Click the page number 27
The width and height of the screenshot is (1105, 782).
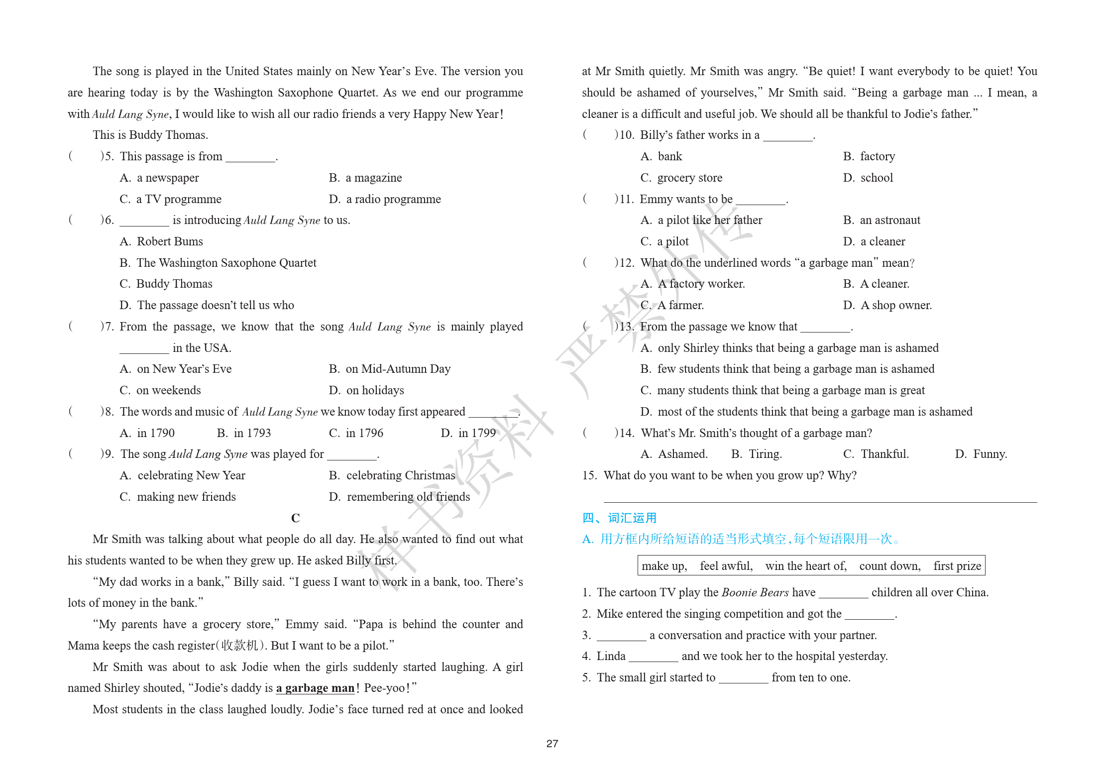552,743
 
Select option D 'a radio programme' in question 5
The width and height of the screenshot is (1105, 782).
385,199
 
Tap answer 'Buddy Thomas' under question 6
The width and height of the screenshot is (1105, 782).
166,284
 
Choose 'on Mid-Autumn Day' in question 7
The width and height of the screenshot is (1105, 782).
390,369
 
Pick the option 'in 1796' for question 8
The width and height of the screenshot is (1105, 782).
356,433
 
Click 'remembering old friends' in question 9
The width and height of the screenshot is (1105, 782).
399,497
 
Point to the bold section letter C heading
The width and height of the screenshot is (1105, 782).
295,518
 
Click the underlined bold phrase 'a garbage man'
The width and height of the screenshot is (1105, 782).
315,688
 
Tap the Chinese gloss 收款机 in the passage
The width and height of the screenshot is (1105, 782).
240,646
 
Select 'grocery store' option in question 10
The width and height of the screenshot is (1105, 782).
681,178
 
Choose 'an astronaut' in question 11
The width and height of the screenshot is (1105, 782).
882,220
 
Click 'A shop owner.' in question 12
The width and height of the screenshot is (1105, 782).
888,305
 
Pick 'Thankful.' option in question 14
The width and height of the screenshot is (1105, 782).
876,454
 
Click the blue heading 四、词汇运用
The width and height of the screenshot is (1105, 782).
619,518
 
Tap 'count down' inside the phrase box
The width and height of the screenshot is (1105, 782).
889,566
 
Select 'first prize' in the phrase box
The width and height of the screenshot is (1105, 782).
957,566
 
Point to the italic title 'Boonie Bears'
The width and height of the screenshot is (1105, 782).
755,592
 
